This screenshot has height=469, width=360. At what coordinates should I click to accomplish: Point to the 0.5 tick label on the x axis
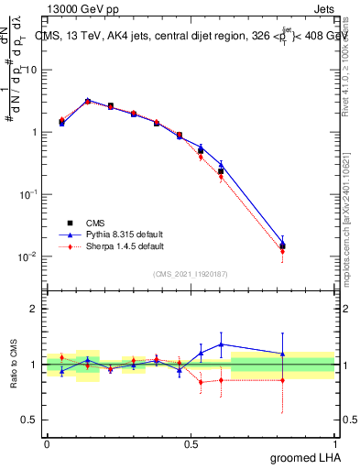(x=190, y=442)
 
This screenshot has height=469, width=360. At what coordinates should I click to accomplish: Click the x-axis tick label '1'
(x=334, y=442)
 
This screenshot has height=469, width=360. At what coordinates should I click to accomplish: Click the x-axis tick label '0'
(x=47, y=442)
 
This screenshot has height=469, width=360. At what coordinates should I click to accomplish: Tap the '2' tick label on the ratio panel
(x=33, y=309)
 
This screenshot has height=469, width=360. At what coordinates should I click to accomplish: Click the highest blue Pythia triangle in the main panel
(x=88, y=101)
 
